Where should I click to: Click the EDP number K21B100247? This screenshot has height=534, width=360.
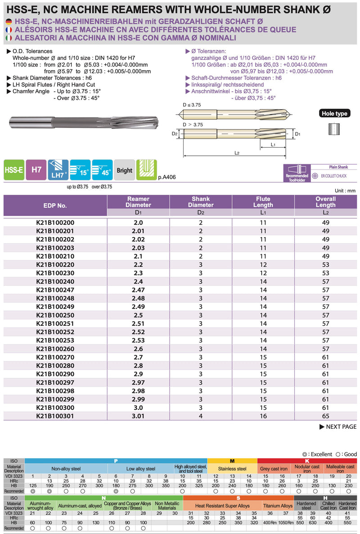click(55, 290)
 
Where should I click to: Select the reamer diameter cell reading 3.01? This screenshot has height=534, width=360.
click(138, 416)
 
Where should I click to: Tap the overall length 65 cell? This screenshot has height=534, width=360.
click(326, 416)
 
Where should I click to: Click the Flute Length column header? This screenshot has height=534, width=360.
click(263, 202)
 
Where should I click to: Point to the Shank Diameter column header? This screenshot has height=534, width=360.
click(201, 202)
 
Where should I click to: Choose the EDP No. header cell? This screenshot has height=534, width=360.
click(55, 206)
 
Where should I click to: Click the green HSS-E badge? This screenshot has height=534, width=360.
click(13, 170)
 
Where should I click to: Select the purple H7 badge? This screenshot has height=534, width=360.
click(36, 170)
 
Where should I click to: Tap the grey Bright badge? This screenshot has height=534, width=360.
click(124, 171)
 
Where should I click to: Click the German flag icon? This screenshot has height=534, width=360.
click(9, 22)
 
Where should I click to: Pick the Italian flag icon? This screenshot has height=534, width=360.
click(9, 38)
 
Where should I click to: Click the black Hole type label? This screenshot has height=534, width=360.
click(334, 113)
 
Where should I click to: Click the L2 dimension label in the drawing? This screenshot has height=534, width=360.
click(237, 153)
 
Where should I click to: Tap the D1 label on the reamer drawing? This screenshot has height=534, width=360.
click(297, 134)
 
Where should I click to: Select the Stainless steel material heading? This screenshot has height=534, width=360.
click(232, 469)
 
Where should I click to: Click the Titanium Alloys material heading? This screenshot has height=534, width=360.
click(278, 506)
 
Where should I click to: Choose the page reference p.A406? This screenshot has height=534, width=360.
click(167, 177)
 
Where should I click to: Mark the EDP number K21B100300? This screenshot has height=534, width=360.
click(55, 408)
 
